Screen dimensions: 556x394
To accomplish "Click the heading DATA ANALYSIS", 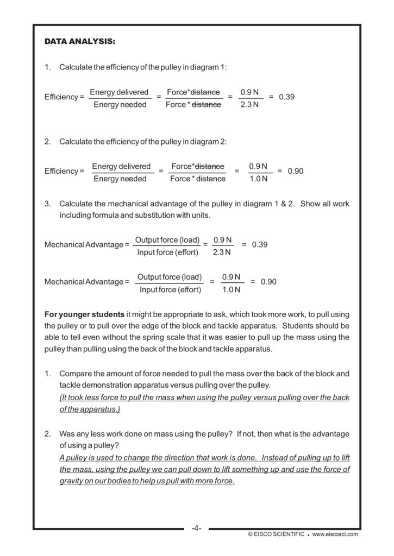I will point(79,41).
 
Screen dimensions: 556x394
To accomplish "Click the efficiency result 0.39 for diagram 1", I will point(286,97).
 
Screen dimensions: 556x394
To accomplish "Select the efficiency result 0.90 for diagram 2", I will point(296,171).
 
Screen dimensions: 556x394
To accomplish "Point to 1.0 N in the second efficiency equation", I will point(258,179).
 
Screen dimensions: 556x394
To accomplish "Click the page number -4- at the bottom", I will point(196,528).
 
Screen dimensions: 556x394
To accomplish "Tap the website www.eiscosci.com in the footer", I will point(335,534).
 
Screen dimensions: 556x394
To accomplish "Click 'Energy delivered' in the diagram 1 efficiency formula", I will point(119,92).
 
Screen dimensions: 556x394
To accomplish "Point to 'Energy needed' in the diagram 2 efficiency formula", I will point(120,179).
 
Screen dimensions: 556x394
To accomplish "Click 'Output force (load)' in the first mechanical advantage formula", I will point(167,240).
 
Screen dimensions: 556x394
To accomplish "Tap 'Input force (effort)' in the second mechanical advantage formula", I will point(170,290).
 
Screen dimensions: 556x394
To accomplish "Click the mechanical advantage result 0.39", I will point(260,244).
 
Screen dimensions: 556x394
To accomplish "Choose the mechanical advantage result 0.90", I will point(268,282).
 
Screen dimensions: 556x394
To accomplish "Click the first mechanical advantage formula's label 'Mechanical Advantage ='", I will point(87,244).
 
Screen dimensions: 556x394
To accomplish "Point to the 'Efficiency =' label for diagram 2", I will point(64,171).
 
